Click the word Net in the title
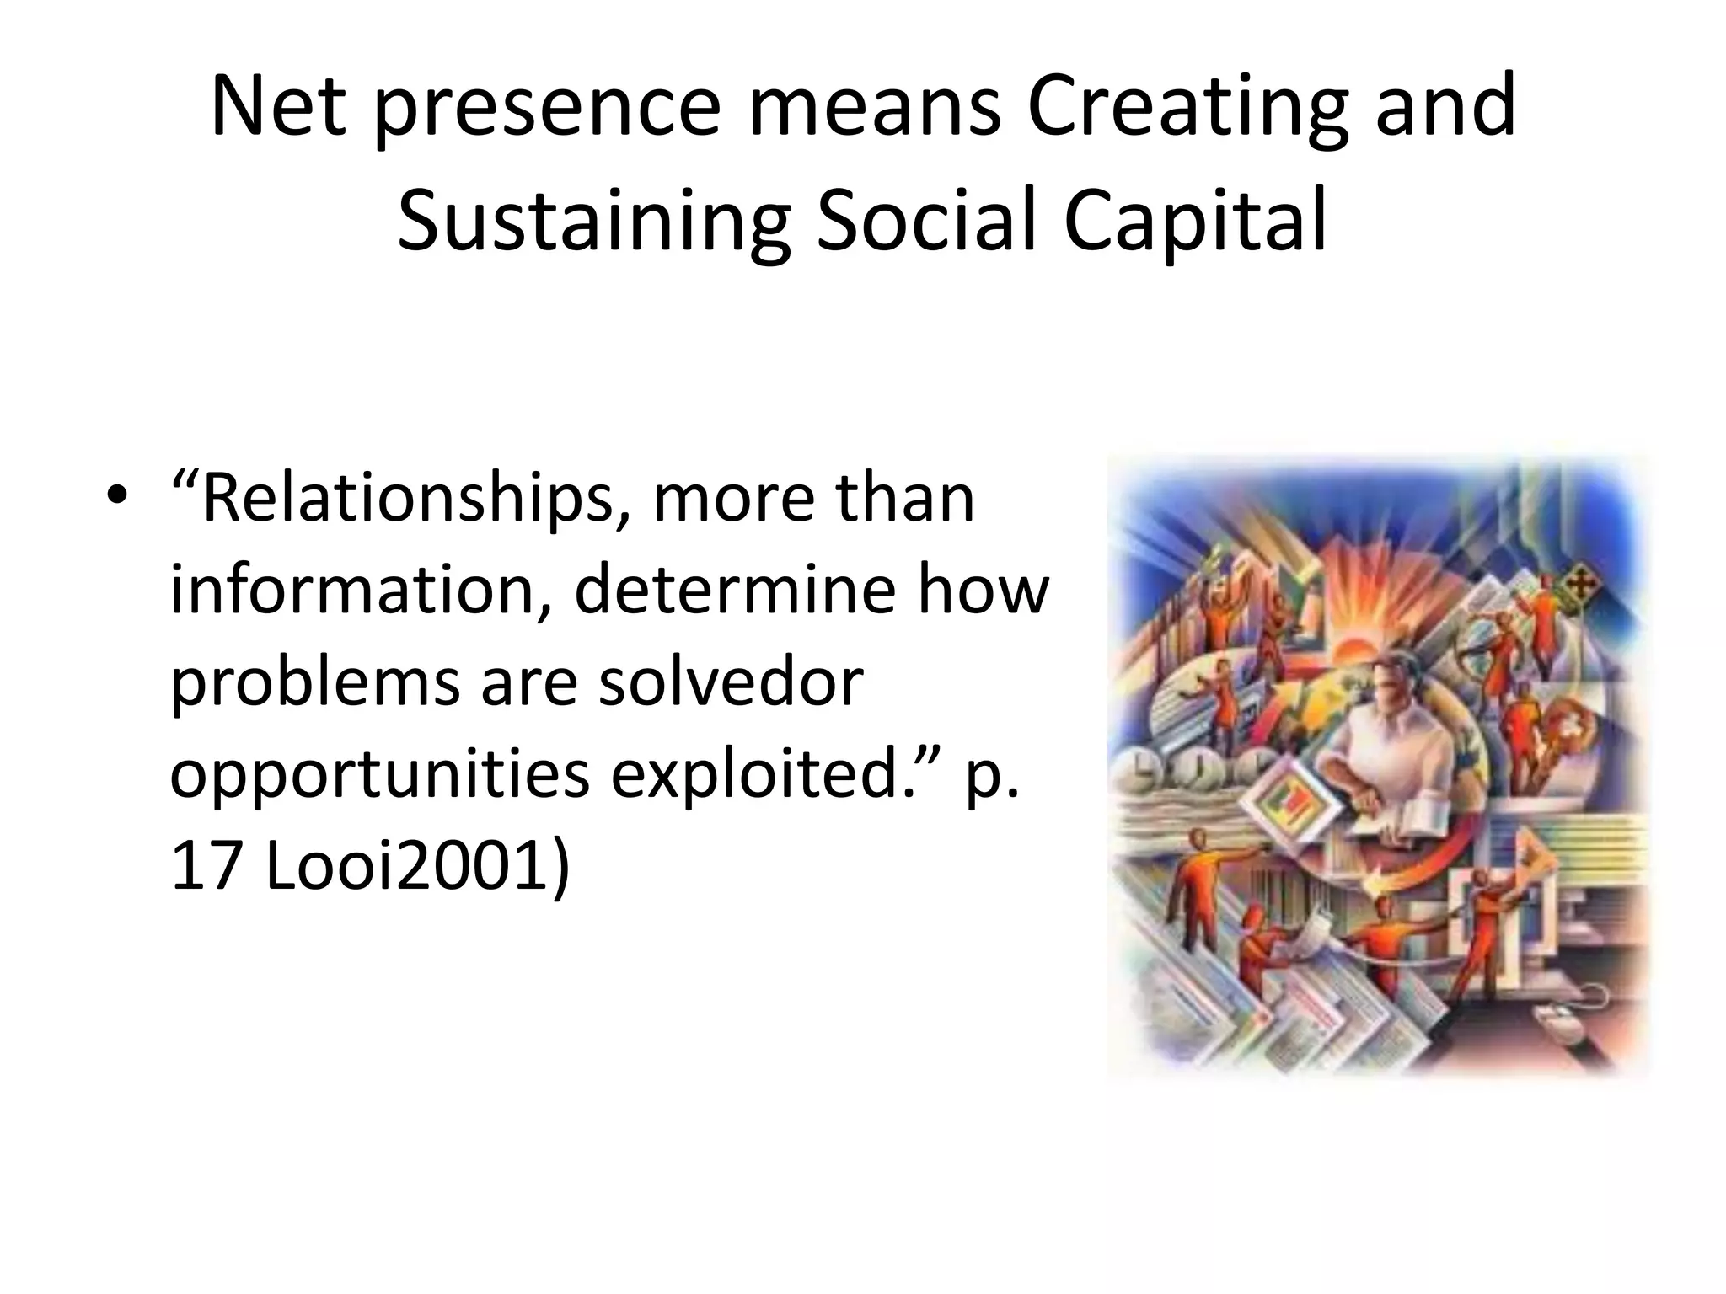(x=278, y=108)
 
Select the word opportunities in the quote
(x=379, y=775)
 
